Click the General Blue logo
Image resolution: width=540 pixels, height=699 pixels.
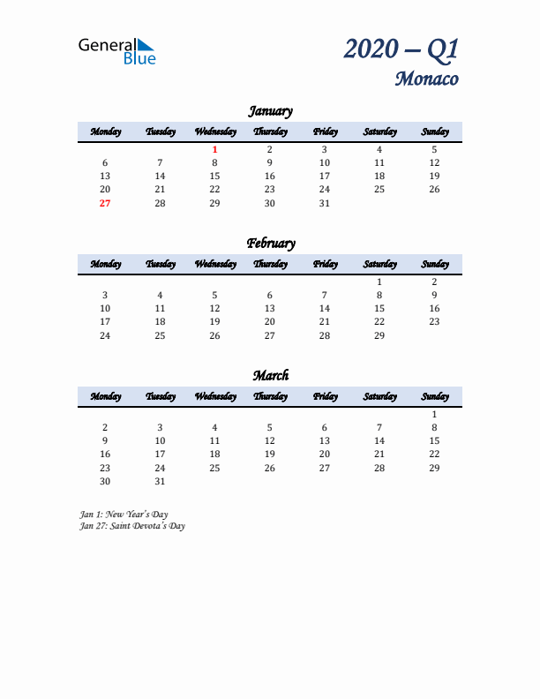[116, 51]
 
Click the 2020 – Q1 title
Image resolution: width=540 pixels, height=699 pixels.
[401, 49]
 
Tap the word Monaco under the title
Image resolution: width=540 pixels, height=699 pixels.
[426, 79]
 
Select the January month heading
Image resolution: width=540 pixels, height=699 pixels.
[270, 111]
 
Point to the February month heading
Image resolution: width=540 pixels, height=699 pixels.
[270, 244]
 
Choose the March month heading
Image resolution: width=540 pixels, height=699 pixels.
[270, 376]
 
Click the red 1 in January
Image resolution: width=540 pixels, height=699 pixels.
[214, 149]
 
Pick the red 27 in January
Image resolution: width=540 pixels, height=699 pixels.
[105, 203]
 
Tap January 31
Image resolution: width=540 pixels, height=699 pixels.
[324, 203]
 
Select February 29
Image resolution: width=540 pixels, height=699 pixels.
[379, 335]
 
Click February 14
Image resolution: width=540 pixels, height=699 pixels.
[324, 309]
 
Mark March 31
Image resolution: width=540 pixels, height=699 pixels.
[160, 481]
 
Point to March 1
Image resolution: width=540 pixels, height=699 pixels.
[434, 414]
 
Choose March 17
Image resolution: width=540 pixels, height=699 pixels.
[160, 455]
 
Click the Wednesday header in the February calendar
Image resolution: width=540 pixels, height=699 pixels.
[214, 264]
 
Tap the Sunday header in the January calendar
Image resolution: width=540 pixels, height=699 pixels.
[434, 132]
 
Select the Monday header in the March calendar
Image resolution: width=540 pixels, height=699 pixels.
[105, 396]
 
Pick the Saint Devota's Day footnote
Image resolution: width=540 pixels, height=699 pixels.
[131, 525]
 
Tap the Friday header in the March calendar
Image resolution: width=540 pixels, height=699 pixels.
[324, 396]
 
